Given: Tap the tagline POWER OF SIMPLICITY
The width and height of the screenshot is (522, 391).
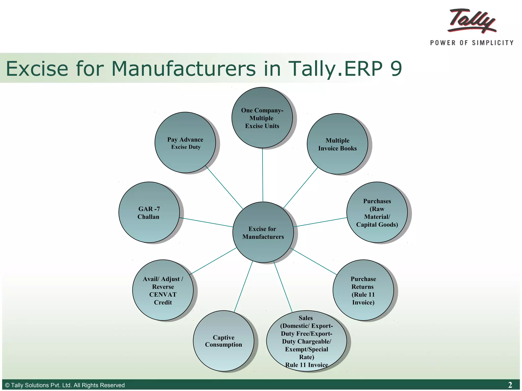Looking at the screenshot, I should point(472,43).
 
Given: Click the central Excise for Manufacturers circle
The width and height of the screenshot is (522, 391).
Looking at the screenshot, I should point(263,232).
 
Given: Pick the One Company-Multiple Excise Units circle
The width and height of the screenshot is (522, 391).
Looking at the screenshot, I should point(262,118).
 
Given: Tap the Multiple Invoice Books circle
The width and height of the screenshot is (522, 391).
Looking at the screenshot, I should point(337,144).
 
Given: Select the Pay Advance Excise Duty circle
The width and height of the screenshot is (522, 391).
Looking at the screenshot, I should point(185,143).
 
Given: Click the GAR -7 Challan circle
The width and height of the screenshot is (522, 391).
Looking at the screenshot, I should point(149,212).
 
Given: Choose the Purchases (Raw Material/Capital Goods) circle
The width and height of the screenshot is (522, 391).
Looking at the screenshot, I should point(377,212).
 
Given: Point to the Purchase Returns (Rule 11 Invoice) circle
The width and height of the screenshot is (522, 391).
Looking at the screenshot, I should point(363,290).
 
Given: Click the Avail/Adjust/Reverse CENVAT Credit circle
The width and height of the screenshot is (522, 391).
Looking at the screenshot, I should point(163,290).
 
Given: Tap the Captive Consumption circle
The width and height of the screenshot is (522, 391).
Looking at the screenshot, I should point(224,341).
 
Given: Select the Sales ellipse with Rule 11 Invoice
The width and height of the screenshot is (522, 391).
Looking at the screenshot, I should point(306,341).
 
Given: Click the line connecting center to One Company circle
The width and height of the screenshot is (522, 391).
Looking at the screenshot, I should point(263,176).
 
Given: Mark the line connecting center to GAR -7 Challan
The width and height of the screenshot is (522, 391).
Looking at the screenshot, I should point(206,222).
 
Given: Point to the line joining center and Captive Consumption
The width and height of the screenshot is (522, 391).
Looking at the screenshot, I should point(243,286).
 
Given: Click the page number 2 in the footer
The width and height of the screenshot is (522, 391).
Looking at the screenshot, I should point(510,385).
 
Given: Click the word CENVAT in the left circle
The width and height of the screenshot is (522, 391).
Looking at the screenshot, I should point(163,295).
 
